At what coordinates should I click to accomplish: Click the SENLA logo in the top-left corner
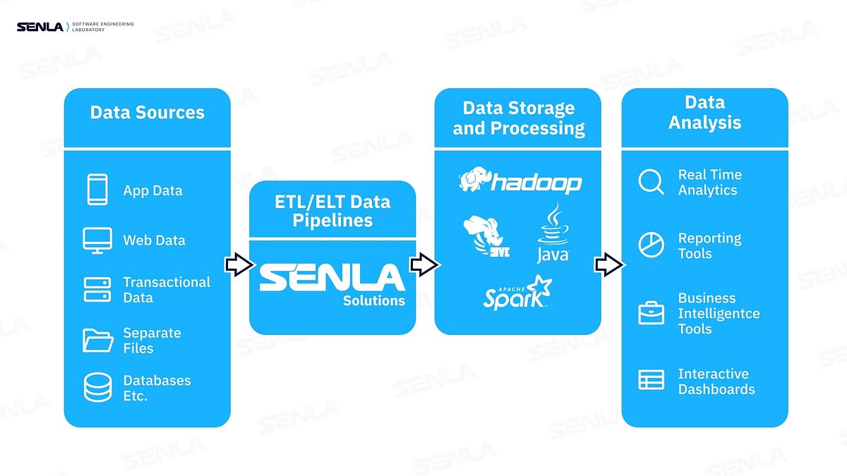coord(40,28)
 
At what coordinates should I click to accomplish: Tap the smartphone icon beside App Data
coord(97,190)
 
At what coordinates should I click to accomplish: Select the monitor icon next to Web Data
coord(97,240)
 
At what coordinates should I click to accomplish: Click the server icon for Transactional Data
coord(97,290)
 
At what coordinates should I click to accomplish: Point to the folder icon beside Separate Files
coord(97,341)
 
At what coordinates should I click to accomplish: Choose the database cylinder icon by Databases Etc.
coord(97,388)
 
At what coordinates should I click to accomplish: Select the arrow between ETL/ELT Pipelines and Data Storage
coord(425,265)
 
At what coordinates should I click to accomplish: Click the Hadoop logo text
coord(536,183)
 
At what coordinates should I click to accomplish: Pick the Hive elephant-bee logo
coord(485,237)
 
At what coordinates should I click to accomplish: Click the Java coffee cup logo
coord(552,235)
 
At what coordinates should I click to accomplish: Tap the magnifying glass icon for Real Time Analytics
coord(651,182)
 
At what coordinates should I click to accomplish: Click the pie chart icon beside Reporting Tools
coord(651,245)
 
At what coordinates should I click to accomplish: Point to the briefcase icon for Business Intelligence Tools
coord(651,313)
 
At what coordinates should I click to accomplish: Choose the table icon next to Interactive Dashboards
coord(651,380)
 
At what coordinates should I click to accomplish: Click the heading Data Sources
coord(147,113)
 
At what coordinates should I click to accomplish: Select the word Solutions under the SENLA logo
coord(374,301)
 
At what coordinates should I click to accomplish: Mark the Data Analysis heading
coord(704,113)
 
